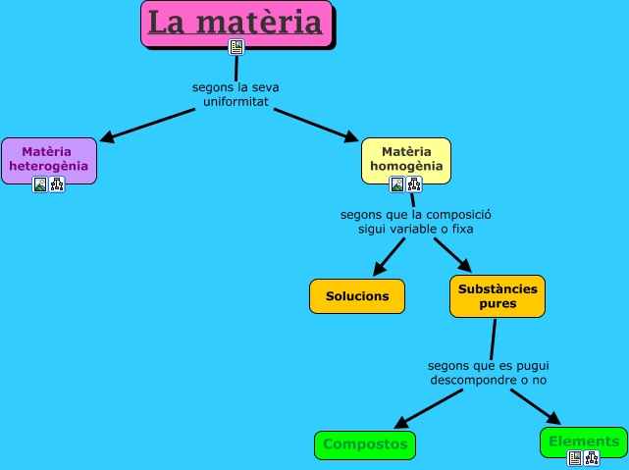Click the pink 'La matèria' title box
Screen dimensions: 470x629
click(x=235, y=23)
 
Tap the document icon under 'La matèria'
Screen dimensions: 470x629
click(x=236, y=46)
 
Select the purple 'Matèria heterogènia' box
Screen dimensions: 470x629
click(x=48, y=159)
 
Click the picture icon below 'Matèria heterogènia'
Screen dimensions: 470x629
click(x=40, y=183)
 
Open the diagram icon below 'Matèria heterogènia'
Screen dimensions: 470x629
click(x=56, y=183)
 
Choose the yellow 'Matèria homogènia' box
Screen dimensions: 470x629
click(x=405, y=159)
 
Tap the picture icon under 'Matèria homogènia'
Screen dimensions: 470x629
click(x=397, y=183)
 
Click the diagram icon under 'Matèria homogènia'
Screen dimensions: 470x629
click(x=413, y=183)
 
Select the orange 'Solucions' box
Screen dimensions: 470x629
click(x=357, y=296)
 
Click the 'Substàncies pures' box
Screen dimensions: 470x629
click(x=497, y=296)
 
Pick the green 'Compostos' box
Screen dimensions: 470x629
click(x=365, y=444)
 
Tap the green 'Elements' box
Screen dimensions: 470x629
click(x=584, y=441)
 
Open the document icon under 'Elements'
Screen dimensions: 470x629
click(x=575, y=457)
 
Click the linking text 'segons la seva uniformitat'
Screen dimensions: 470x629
click(x=236, y=94)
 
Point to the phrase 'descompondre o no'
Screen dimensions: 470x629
click(x=488, y=379)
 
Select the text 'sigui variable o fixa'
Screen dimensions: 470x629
click(x=416, y=230)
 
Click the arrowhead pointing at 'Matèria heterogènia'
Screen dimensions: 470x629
click(x=108, y=138)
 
